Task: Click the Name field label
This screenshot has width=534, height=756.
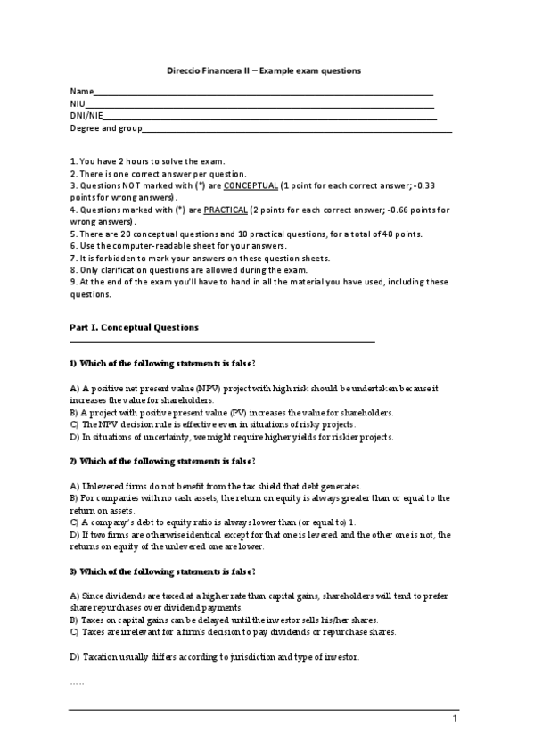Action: click(x=80, y=92)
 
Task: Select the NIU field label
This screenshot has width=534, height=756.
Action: click(x=78, y=104)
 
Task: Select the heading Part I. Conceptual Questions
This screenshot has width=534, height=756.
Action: click(x=134, y=327)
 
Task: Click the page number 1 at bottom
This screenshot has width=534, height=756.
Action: click(x=455, y=719)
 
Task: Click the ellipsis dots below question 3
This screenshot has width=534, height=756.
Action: click(x=77, y=682)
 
